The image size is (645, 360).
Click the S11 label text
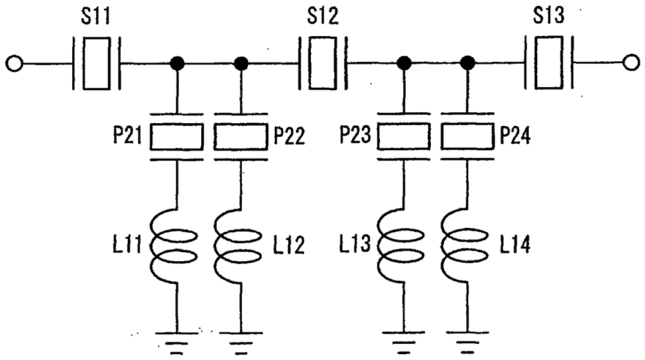pyautogui.click(x=95, y=16)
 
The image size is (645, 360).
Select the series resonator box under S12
pyautogui.click(x=323, y=63)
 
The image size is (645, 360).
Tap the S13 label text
pyautogui.click(x=549, y=15)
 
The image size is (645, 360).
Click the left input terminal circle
pyautogui.click(x=14, y=64)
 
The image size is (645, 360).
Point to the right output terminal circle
pyautogui.click(x=631, y=63)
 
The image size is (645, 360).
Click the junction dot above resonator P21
pyautogui.click(x=177, y=63)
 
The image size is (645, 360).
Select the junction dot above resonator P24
pyautogui.click(x=467, y=63)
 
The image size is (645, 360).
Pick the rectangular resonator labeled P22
pyautogui.click(x=241, y=137)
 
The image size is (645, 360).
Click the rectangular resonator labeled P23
pyautogui.click(x=404, y=136)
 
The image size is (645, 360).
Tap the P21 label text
pyautogui.click(x=128, y=135)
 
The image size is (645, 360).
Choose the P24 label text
pyautogui.click(x=515, y=135)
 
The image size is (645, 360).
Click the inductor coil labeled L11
pyautogui.click(x=174, y=246)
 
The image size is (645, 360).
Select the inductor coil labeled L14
pyautogui.click(x=464, y=246)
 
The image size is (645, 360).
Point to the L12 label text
pyautogui.click(x=289, y=245)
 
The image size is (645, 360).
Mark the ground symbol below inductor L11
pyautogui.click(x=177, y=343)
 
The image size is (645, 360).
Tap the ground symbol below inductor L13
pyautogui.click(x=404, y=343)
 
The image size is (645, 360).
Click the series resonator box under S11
pyautogui.click(x=97, y=63)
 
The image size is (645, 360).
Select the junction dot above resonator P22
pyautogui.click(x=241, y=63)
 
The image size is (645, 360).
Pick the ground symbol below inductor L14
pyautogui.click(x=467, y=343)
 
